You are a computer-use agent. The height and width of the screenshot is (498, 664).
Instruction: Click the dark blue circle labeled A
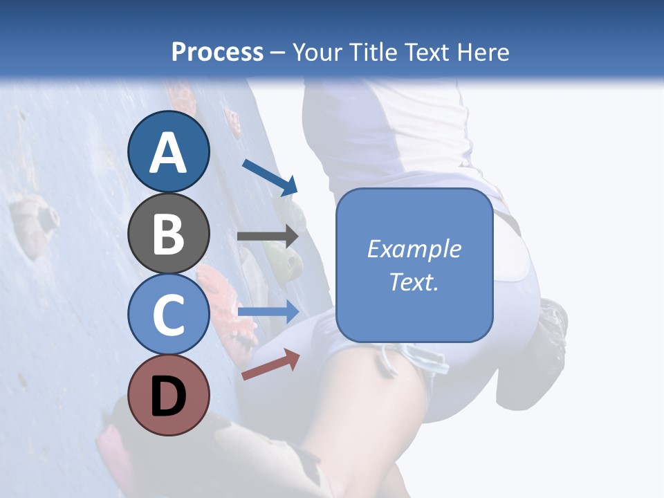pos(169,151)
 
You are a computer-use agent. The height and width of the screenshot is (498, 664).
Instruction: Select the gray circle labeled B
pos(169,233)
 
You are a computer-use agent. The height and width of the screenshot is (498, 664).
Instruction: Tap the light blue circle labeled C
pos(169,314)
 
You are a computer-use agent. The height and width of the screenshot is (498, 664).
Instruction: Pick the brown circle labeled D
pos(169,395)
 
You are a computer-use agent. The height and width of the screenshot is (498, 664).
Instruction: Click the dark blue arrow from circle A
pos(270,176)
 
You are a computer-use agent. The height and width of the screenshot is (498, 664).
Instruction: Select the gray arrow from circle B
pos(268,236)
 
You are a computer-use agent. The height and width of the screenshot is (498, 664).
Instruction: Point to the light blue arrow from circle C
pos(268,312)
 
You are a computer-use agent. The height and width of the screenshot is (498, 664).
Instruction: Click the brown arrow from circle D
pos(270,365)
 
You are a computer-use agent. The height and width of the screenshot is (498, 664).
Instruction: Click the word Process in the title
pos(217,52)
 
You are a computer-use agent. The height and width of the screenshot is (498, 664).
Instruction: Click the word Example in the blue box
pos(414,249)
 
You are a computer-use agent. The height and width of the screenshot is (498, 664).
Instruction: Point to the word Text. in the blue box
pos(414,282)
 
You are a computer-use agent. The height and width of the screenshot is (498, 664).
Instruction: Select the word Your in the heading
pos(316,52)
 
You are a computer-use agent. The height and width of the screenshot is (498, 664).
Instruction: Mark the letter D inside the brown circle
pos(169,396)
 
